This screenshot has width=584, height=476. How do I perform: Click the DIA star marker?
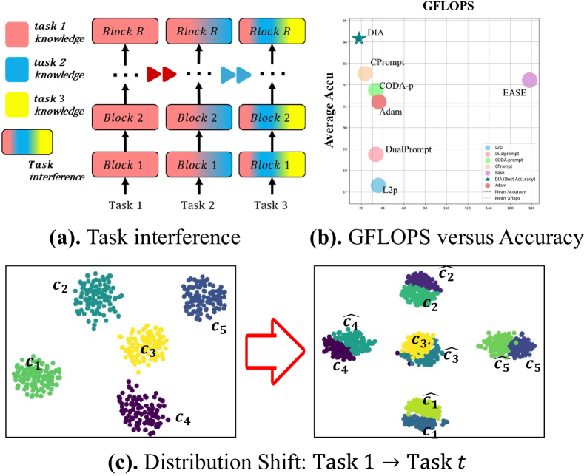coord(359,38)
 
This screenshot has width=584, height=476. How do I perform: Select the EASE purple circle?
coord(529,80)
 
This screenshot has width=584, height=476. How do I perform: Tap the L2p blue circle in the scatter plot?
coord(378,186)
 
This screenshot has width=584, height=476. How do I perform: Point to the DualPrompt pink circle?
coord(376,154)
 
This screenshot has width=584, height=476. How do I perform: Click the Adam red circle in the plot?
coord(378,102)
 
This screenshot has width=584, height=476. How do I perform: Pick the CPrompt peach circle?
coord(365,73)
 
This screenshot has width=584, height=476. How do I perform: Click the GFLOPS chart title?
coord(454,7)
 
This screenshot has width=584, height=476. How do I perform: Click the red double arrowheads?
coord(161,74)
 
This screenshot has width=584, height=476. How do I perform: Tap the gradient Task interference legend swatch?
coord(27,141)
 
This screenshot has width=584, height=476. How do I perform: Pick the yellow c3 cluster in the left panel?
coord(143,346)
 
